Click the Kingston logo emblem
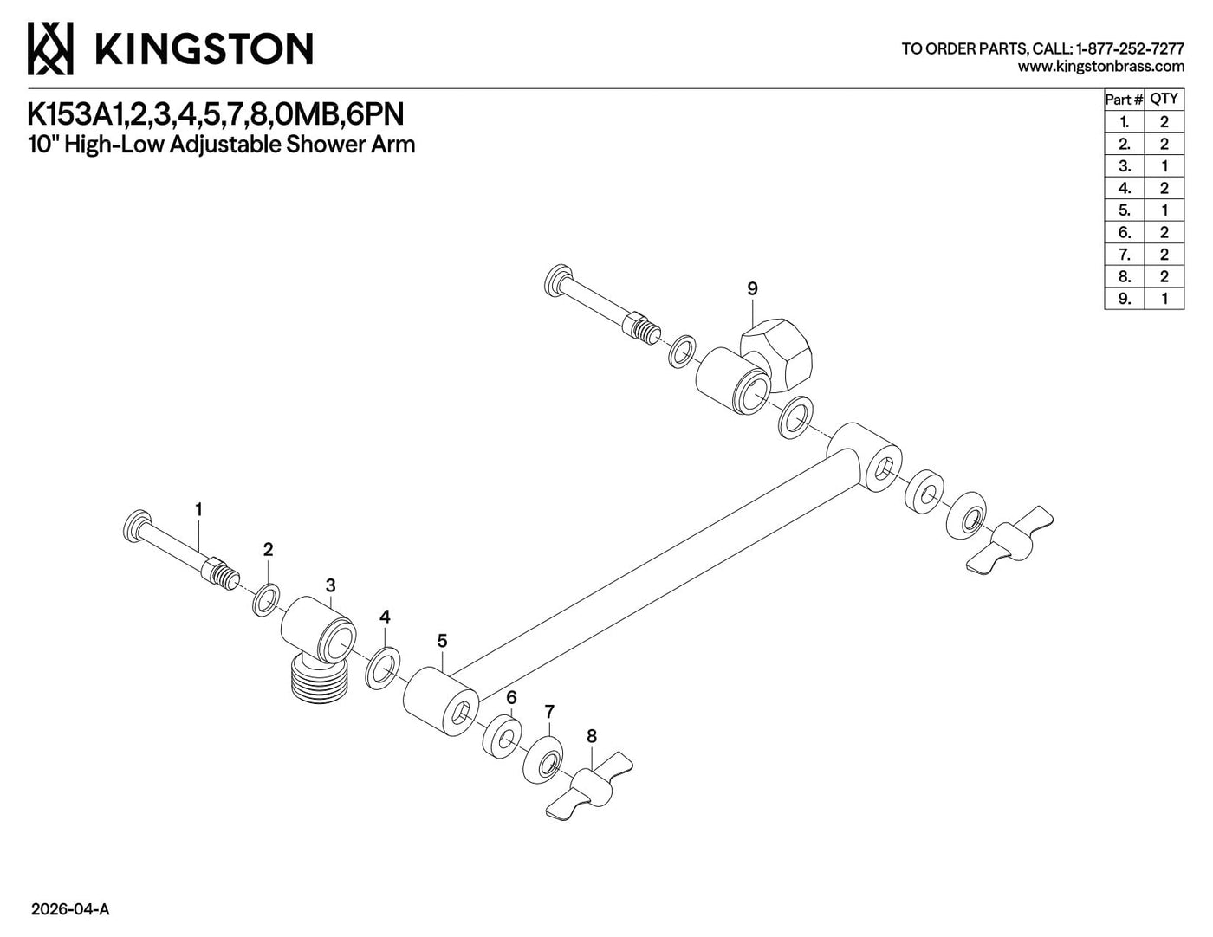[x=50, y=48]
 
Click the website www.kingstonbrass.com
[x=1101, y=67]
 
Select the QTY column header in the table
[x=1164, y=100]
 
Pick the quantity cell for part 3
[x=1164, y=166]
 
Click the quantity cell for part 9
[x=1164, y=299]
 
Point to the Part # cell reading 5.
[x=1125, y=210]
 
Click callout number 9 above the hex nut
[x=752, y=289]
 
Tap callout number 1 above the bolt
[x=198, y=510]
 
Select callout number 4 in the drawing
[x=385, y=617]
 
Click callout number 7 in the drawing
[x=549, y=712]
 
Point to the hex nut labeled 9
[x=776, y=352]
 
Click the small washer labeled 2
[x=266, y=600]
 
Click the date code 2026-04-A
[x=70, y=909]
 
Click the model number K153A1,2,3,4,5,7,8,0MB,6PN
[x=216, y=115]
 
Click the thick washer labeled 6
[x=502, y=735]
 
